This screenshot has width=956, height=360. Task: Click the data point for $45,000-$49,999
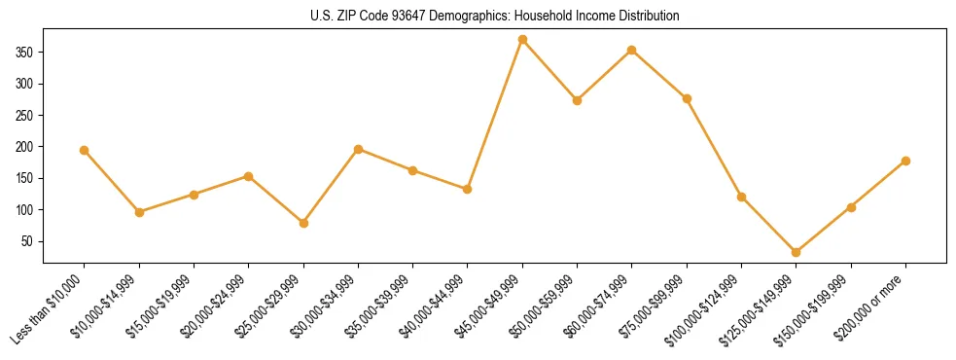pyautogui.click(x=522, y=40)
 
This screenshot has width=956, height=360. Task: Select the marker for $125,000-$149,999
pyautogui.click(x=797, y=252)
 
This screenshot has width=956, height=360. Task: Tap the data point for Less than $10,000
pyautogui.click(x=84, y=150)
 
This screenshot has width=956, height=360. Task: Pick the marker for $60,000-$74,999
pyautogui.click(x=632, y=50)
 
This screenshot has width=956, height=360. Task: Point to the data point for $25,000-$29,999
pyautogui.click(x=303, y=223)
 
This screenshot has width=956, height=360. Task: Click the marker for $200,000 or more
pyautogui.click(x=906, y=161)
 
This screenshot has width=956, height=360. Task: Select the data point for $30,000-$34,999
pyautogui.click(x=358, y=149)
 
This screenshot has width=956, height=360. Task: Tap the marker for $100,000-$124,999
pyautogui.click(x=742, y=197)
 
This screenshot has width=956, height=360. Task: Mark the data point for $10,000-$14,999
pyautogui.click(x=139, y=211)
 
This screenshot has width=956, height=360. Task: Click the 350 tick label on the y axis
pyautogui.click(x=25, y=52)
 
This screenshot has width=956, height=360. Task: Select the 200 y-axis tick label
pyautogui.click(x=25, y=147)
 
